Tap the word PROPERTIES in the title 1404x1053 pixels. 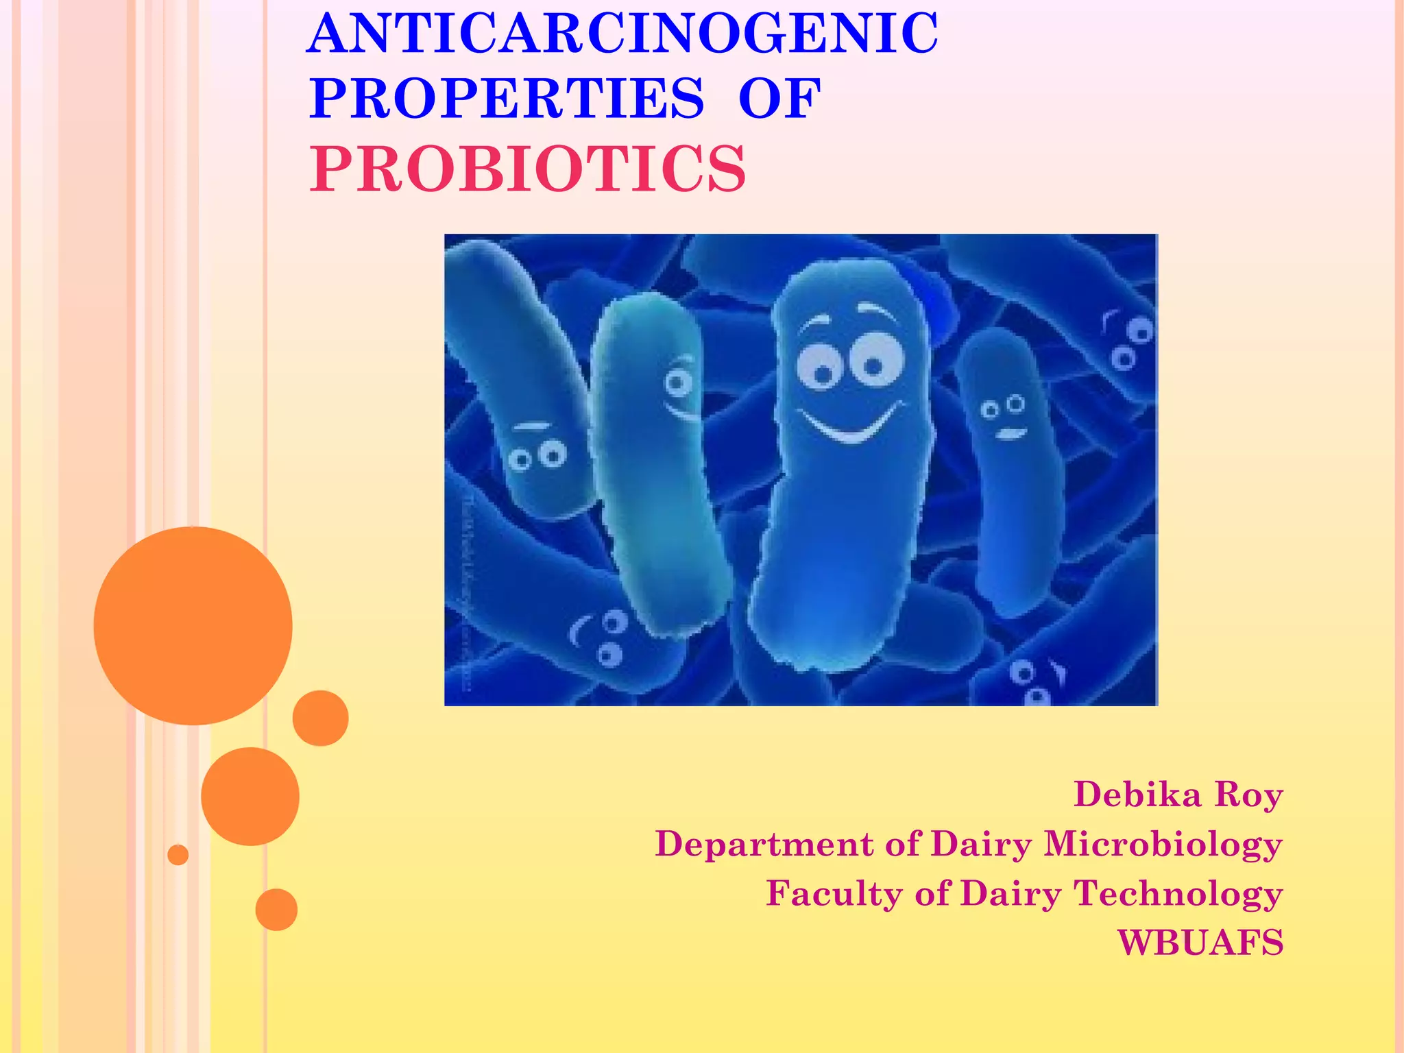click(507, 99)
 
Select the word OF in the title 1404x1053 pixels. click(779, 99)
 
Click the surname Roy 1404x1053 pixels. click(1248, 796)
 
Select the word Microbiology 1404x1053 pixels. click(1163, 844)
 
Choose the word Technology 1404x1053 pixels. click(1178, 894)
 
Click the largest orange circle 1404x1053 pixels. click(193, 626)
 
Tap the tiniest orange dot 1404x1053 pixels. click(178, 855)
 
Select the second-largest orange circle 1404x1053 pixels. click(250, 796)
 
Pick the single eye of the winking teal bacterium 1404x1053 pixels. click(678, 381)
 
